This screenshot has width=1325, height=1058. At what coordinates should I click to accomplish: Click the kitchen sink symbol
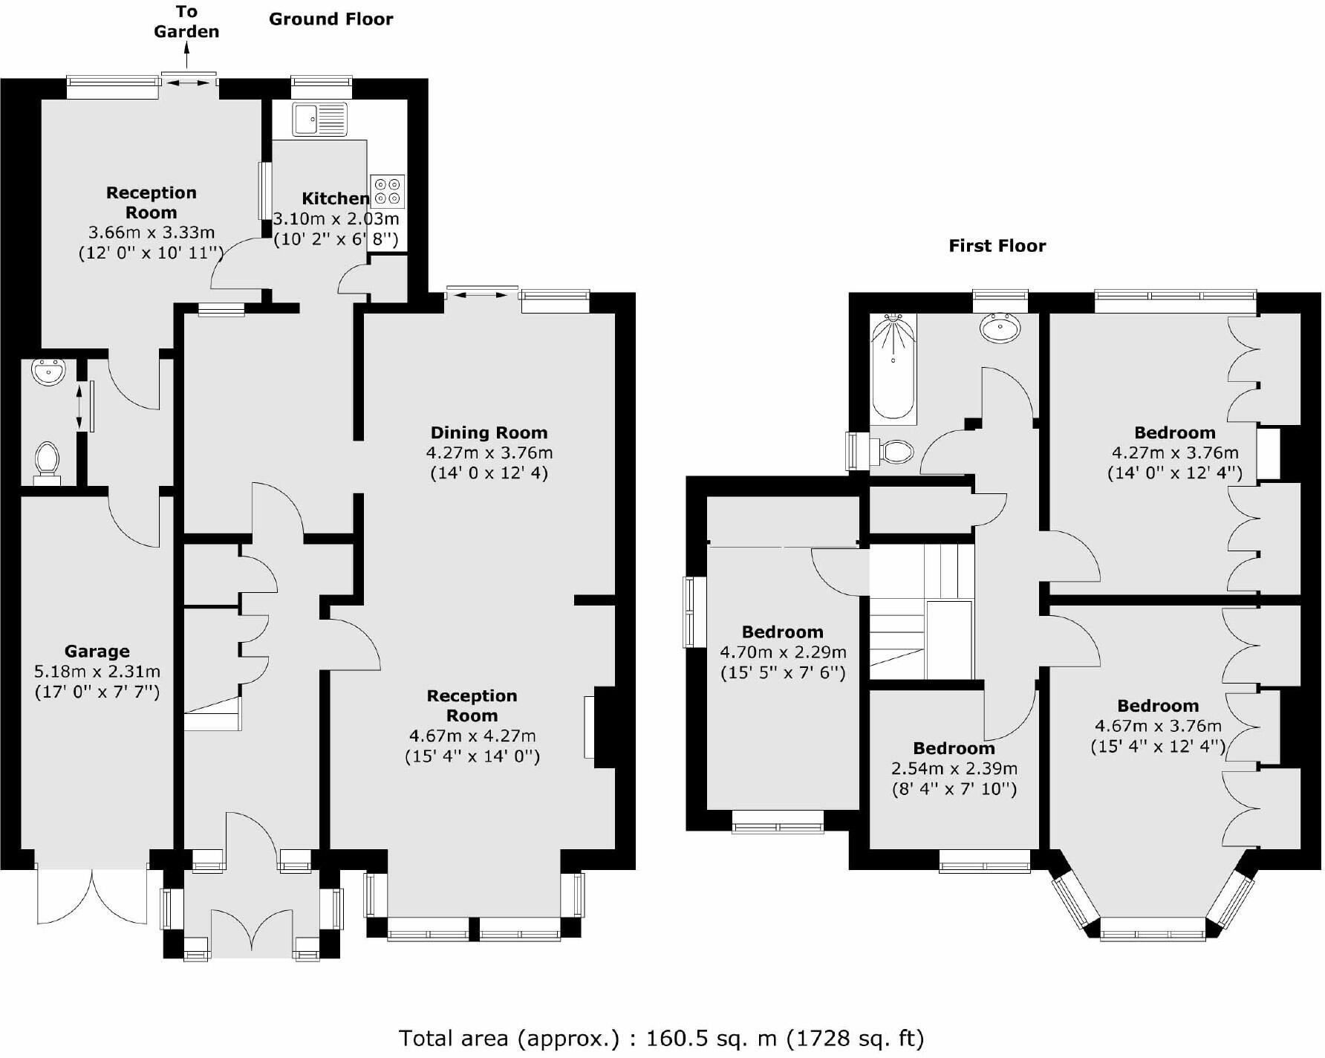click(320, 119)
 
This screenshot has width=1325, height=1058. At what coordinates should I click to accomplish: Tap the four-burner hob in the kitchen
click(387, 191)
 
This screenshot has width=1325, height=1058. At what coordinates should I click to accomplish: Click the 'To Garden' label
click(186, 22)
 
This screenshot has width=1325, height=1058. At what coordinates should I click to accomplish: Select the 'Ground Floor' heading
click(331, 19)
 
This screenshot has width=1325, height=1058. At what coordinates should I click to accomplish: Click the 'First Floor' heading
click(997, 246)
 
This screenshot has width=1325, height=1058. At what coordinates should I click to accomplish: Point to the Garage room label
click(97, 652)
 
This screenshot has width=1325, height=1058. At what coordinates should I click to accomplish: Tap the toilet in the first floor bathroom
click(894, 450)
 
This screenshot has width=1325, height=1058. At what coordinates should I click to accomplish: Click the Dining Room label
click(489, 432)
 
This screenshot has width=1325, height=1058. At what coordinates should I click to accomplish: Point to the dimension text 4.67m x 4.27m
click(472, 736)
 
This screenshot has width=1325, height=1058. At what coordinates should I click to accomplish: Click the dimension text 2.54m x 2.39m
click(954, 768)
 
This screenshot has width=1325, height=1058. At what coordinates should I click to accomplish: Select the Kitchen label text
click(335, 198)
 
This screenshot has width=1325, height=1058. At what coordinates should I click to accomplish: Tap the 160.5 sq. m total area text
click(661, 1037)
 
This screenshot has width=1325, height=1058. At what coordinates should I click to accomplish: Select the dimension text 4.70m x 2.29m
click(783, 652)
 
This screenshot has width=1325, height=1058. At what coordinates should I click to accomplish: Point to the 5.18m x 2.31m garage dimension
click(97, 672)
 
